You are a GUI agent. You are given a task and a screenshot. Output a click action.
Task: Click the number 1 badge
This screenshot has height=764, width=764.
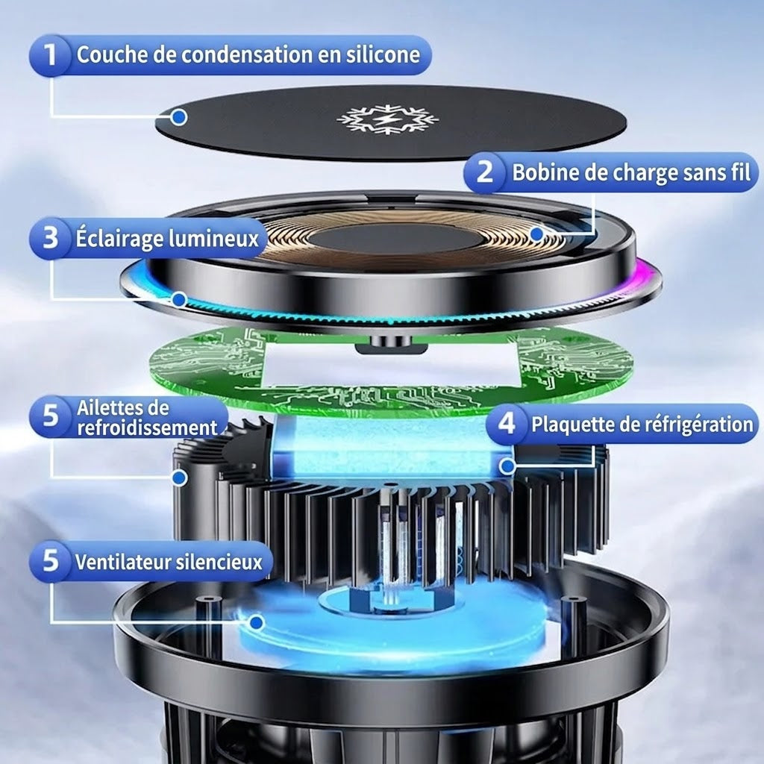[50, 55]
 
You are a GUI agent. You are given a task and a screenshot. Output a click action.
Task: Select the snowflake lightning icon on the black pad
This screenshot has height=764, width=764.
[387, 119]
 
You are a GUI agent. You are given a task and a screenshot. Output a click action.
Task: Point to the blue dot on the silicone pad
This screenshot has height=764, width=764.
[179, 117]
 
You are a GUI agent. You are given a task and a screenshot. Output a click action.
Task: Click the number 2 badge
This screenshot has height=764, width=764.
[483, 172]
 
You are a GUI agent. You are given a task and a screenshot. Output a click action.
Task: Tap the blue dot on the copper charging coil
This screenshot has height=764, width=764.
[537, 234]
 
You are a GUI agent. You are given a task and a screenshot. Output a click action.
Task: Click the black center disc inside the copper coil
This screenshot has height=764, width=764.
[395, 239]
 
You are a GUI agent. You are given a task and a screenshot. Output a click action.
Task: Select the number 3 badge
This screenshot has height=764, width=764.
[50, 238]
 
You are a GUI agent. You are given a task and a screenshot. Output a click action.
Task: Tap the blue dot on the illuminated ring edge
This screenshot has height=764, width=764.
[179, 300]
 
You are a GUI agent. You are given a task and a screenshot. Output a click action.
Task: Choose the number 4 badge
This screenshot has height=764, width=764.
[507, 424]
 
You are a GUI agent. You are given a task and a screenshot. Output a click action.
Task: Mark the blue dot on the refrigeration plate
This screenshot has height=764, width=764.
[507, 466]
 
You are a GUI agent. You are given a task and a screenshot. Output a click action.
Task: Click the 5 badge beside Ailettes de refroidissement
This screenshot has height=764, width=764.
[50, 416]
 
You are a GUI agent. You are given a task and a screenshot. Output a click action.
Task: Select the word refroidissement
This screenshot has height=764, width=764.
[147, 428]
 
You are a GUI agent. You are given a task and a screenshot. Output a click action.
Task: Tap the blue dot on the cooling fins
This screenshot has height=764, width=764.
[180, 477]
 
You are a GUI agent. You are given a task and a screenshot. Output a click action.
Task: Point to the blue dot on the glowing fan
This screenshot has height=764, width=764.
[257, 622]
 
